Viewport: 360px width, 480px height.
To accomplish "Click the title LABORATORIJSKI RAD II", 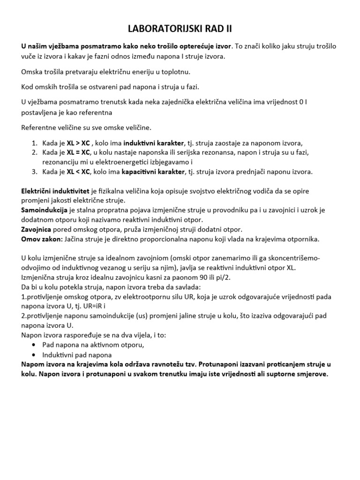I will tap(180, 30).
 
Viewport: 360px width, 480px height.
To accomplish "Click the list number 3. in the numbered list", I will tap(34, 172).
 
